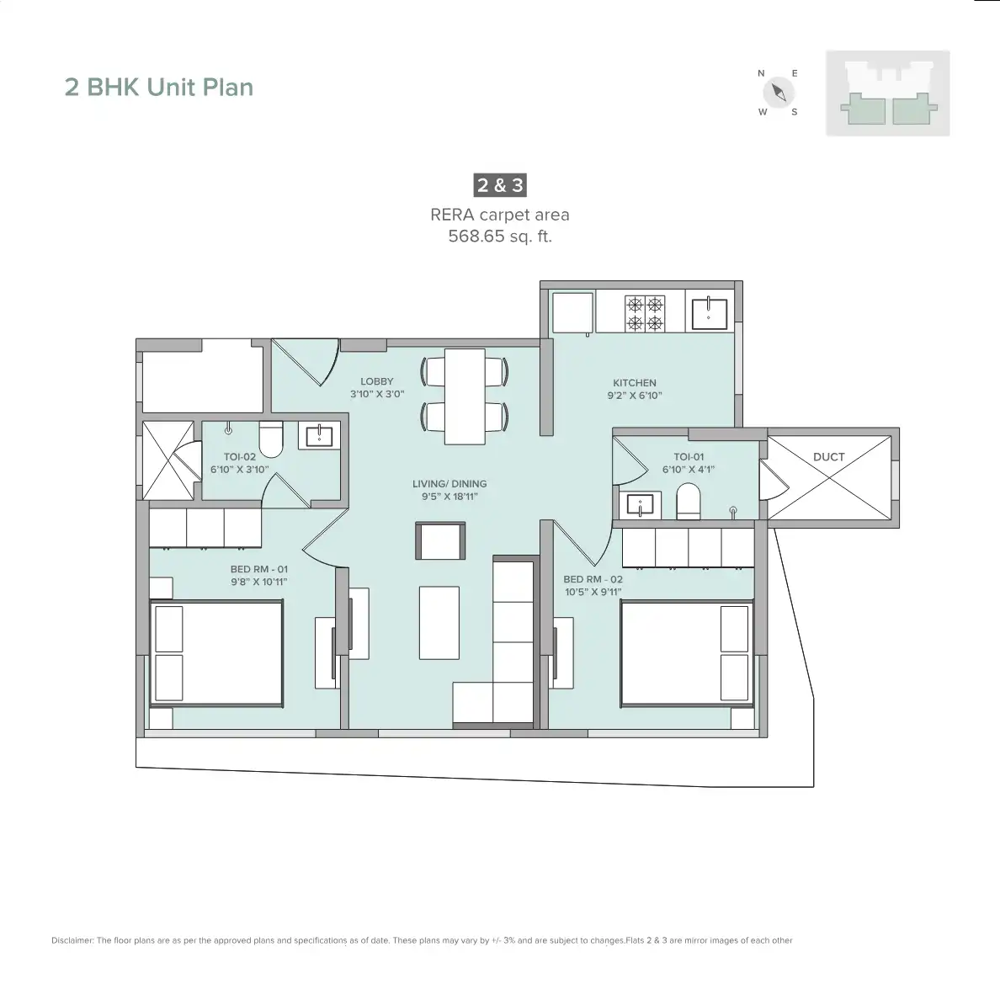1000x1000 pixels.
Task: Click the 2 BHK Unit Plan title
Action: (x=159, y=88)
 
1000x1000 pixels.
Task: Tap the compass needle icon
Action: (x=779, y=92)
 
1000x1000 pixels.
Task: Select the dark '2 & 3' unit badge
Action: (x=500, y=185)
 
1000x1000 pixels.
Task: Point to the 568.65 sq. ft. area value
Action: (x=500, y=237)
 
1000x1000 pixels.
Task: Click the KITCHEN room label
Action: (x=635, y=383)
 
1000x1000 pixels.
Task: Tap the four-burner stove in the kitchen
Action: (x=644, y=312)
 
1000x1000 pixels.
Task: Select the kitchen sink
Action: (x=710, y=312)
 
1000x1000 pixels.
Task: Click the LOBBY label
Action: (x=377, y=381)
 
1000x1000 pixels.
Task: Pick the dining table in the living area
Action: (x=464, y=396)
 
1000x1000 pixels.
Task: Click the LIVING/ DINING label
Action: (x=449, y=484)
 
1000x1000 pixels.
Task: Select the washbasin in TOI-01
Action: (x=640, y=506)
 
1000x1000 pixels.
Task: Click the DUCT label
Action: (x=828, y=457)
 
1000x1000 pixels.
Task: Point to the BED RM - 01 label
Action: (x=259, y=569)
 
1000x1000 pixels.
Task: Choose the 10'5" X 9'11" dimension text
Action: (x=593, y=592)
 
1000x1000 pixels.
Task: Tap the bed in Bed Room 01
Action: (x=216, y=652)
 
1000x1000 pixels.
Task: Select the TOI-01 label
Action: (x=688, y=457)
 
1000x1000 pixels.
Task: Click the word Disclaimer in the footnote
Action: (x=72, y=940)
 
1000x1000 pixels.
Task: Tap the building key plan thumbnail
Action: (x=887, y=93)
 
